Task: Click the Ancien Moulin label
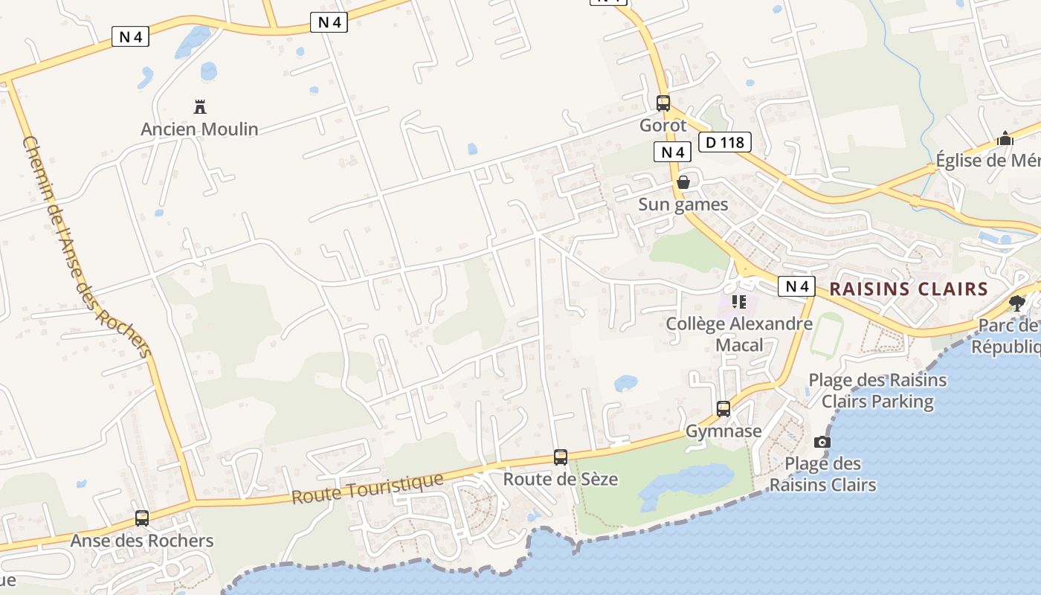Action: (x=199, y=129)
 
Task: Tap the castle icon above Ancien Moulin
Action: (x=199, y=107)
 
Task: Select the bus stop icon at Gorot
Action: (x=663, y=103)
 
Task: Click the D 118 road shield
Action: (x=725, y=141)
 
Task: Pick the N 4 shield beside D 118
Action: (x=673, y=152)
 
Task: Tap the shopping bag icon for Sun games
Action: (x=683, y=182)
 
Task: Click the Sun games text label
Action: (x=683, y=205)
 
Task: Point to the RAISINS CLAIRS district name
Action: (x=909, y=289)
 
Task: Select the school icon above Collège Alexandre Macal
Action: (x=739, y=302)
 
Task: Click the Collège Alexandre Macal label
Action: (x=739, y=334)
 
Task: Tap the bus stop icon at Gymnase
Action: (x=723, y=408)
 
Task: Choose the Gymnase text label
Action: (x=723, y=431)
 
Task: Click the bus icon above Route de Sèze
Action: (x=561, y=457)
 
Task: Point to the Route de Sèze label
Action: (x=561, y=479)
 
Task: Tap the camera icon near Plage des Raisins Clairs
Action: (x=822, y=442)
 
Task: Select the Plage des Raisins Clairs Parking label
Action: (x=877, y=390)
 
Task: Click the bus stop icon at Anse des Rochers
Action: (x=142, y=518)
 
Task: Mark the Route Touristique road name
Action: (x=367, y=488)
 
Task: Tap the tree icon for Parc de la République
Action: (x=1017, y=303)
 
